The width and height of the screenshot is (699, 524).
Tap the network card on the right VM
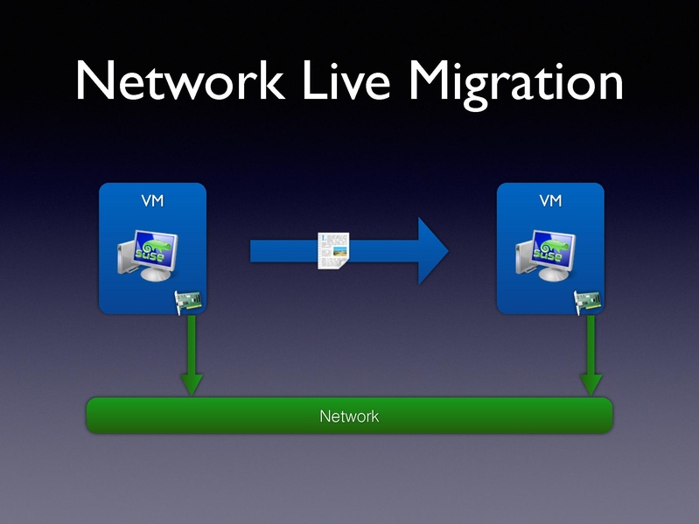(x=588, y=302)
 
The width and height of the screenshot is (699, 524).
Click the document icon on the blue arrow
(x=333, y=251)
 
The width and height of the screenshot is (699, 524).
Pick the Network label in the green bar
(x=349, y=416)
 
